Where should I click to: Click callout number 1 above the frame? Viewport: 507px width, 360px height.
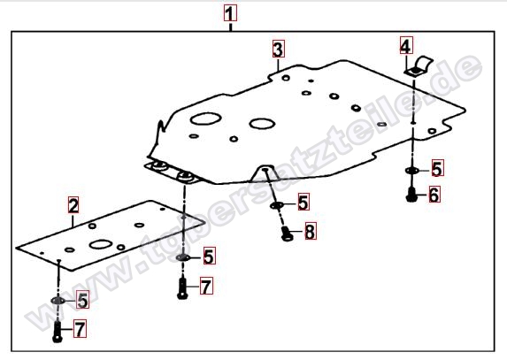tap(230, 13)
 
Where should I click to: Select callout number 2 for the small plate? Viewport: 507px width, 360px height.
tap(73, 205)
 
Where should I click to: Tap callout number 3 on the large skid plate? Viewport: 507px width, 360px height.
tap(279, 50)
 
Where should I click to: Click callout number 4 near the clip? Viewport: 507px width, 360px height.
tap(406, 45)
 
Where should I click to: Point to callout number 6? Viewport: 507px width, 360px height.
tap(434, 195)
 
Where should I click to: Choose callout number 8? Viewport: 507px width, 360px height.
tap(310, 232)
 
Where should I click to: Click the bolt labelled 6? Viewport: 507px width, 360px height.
tap(411, 195)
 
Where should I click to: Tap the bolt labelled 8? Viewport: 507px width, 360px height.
tap(287, 234)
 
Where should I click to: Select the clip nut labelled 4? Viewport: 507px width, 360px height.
tap(419, 66)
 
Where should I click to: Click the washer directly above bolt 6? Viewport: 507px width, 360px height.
tap(411, 171)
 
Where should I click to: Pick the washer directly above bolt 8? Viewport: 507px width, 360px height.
tap(277, 205)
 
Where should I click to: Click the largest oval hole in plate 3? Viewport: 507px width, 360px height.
tap(205, 119)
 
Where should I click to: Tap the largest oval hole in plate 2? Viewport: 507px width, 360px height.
tap(101, 244)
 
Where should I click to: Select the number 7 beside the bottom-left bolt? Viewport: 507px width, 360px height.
tap(80, 329)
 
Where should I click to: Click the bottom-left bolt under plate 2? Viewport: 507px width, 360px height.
tap(58, 331)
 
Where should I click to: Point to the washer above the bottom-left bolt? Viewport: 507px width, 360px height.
tap(58, 301)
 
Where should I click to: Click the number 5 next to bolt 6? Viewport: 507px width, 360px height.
tap(437, 168)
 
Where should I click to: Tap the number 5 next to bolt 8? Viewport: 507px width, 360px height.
tap(303, 202)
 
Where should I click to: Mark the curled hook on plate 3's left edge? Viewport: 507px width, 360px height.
tap(161, 126)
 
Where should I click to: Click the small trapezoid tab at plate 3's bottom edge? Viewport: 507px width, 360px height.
tap(265, 172)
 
